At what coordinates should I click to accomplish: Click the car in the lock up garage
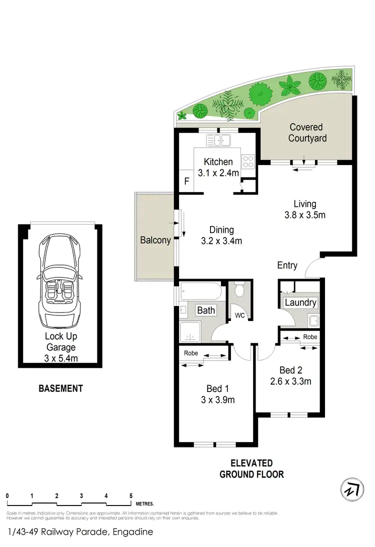coord(59,281)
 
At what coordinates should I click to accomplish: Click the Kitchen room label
coord(218,162)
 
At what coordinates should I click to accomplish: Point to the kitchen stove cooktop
coord(248,161)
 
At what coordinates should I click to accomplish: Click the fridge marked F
coord(186,181)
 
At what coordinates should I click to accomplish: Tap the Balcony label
coord(155,240)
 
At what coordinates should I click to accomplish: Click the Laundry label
coord(300,302)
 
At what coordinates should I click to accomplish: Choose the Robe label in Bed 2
coord(309,337)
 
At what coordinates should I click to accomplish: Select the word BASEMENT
coord(60,388)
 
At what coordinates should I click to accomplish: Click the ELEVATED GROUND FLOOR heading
coord(251,468)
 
